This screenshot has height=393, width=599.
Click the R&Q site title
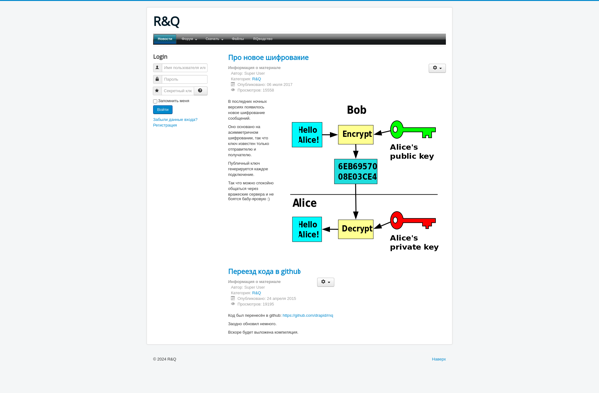[166, 21]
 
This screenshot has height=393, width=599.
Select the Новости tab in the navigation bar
[164, 39]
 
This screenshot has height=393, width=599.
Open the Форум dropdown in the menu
[189, 39]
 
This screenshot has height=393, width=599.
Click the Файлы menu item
[238, 39]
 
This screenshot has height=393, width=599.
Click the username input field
[184, 68]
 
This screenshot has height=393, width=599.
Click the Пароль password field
[184, 79]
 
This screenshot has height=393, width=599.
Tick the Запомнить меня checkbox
[155, 101]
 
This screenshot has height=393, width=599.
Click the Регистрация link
[165, 125]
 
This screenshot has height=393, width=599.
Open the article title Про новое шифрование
[268, 57]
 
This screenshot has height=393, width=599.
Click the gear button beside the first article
[437, 68]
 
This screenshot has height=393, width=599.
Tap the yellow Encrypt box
[356, 134]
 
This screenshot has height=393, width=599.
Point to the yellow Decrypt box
[356, 228]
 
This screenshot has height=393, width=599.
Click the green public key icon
[411, 130]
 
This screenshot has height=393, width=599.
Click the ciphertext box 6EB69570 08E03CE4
[356, 172]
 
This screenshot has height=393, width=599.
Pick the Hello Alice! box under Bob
[307, 134]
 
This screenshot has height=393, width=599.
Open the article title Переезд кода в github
[264, 271]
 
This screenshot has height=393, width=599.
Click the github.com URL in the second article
[307, 315]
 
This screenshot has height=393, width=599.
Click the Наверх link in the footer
[438, 359]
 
